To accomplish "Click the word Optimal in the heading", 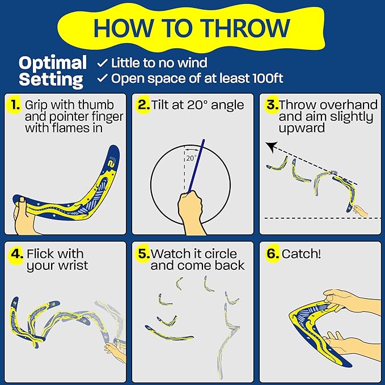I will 53,62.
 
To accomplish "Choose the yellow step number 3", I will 272,105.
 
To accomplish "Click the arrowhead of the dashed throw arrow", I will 271,145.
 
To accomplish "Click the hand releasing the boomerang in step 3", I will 359,211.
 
